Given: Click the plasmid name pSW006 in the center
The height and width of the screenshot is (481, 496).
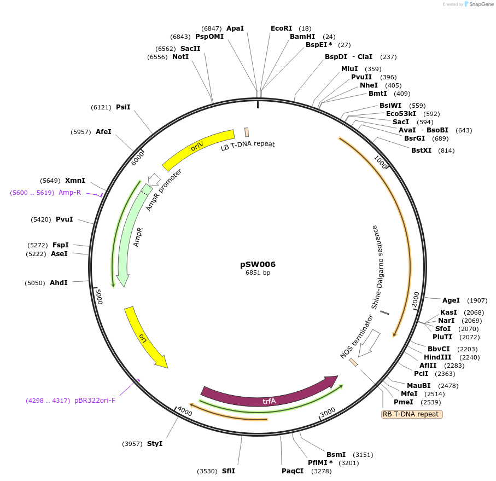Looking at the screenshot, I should coord(258,264).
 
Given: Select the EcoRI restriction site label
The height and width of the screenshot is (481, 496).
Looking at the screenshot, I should coord(282,28).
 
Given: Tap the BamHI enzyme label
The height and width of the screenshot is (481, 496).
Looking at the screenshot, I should coord(302,37).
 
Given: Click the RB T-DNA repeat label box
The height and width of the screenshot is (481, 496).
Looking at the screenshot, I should coord(411,414).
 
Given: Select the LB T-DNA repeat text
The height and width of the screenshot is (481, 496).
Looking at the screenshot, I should coord(248,146).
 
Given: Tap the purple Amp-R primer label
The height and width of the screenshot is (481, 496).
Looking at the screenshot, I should coord(69,193).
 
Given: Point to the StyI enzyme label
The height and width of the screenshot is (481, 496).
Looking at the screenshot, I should coord(155,444).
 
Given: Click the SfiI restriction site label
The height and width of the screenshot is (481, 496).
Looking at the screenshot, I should coord(229,471).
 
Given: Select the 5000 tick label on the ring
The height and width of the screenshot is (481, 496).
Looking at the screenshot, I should coord(99,297).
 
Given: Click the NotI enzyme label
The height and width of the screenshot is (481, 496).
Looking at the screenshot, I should coord(180,57).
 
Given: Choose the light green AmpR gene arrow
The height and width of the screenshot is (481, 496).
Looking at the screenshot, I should coord(129,235).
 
